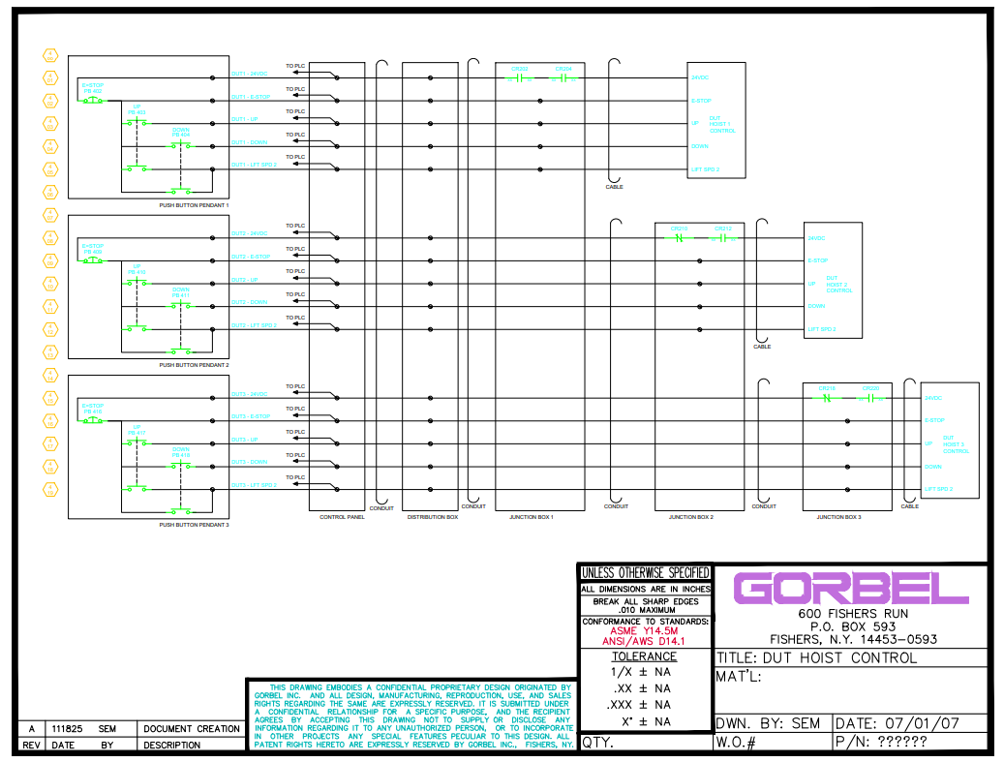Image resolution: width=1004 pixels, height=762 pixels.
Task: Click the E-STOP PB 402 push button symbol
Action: pos(93,100)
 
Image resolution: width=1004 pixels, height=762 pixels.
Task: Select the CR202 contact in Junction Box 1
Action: pos(520,77)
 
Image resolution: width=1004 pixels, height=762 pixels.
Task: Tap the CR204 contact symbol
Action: pos(563,77)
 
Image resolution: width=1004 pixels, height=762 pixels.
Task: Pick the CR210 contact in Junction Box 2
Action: pos(679,237)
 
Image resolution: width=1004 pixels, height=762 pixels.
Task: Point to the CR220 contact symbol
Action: pos(870,397)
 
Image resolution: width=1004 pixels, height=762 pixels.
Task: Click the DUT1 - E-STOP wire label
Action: pos(250,97)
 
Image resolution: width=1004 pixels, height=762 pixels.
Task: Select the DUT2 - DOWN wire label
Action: pos(249,302)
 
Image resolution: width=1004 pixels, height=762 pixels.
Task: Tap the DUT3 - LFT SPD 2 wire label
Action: pos(254,485)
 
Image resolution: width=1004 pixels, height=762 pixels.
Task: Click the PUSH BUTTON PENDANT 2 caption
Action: pos(194,365)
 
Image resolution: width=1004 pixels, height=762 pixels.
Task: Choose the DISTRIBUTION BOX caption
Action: pos(432,517)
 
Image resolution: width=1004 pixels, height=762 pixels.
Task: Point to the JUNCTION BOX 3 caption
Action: pos(838,517)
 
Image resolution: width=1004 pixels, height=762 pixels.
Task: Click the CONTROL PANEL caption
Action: pos(341,517)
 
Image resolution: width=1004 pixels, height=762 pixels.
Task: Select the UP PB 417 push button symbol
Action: pos(137,443)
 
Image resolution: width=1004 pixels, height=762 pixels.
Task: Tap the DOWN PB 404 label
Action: pos(181,132)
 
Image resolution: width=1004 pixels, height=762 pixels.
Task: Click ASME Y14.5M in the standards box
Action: pos(644,630)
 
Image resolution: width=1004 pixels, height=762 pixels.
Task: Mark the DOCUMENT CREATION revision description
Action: pos(192,728)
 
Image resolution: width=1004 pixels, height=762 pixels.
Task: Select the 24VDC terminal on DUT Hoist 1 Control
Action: pos(700,77)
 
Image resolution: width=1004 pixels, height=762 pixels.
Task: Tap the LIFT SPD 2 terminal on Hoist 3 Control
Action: pos(938,490)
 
